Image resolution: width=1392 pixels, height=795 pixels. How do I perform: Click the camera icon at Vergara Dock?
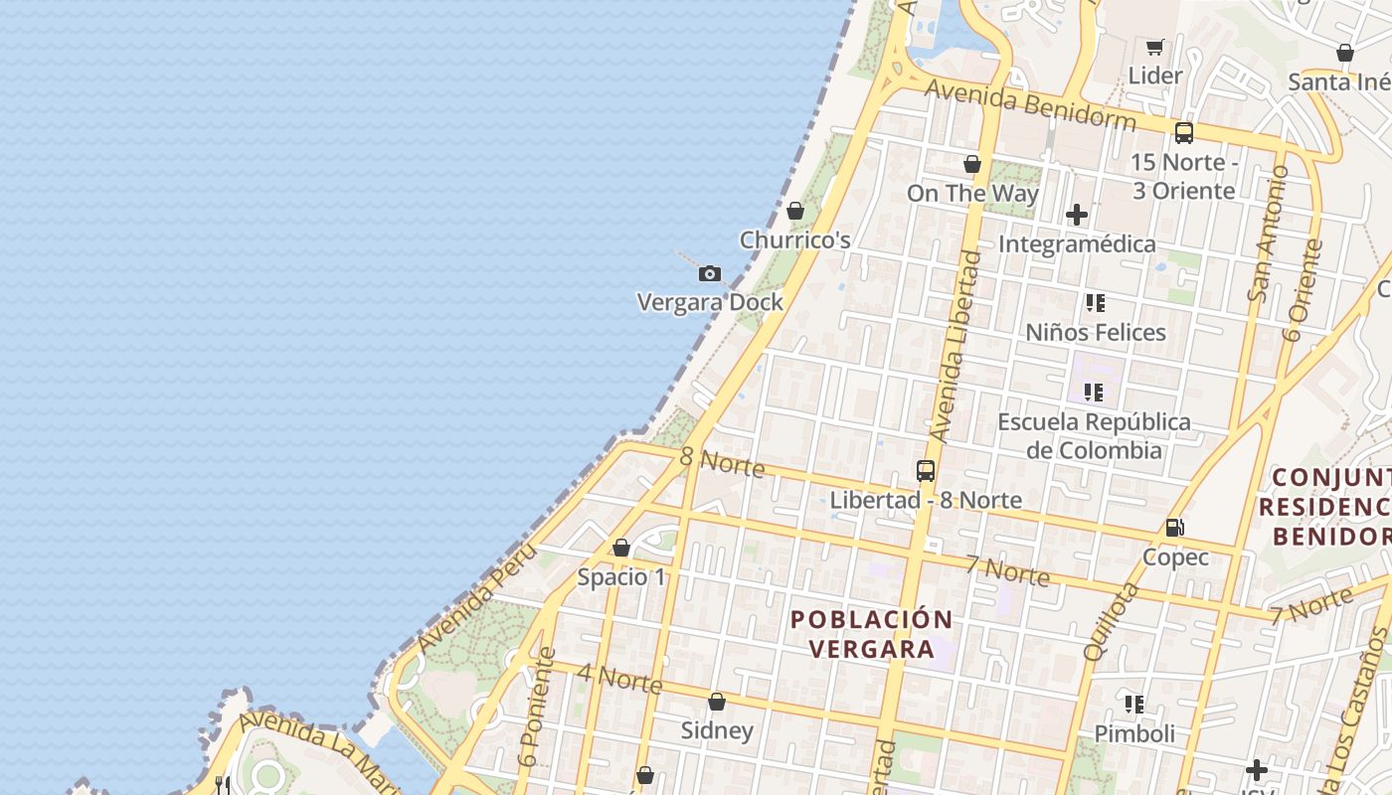click(709, 273)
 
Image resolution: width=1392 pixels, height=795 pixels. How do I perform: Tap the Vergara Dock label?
click(710, 302)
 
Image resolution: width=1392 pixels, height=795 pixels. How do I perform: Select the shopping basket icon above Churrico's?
click(794, 211)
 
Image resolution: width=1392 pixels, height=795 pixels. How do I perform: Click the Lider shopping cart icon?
click(1154, 47)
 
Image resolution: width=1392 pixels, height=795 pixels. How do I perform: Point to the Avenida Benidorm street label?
click(1030, 104)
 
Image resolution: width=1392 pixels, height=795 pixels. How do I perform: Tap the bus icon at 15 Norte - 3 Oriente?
click(1183, 133)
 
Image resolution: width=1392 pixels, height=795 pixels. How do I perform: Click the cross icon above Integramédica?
click(1076, 215)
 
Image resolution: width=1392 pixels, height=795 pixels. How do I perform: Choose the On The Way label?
click(972, 194)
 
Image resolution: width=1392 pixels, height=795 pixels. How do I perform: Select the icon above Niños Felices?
click(1095, 303)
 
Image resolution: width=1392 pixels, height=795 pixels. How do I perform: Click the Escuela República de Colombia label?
click(1094, 436)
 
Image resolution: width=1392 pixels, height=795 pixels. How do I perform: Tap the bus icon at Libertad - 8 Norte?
click(926, 471)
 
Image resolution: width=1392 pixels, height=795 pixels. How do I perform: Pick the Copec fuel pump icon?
click(1174, 528)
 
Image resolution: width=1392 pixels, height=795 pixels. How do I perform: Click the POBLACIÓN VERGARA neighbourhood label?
click(871, 634)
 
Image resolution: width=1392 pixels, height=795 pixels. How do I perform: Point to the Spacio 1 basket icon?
click(621, 548)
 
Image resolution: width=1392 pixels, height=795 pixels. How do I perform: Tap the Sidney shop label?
click(717, 731)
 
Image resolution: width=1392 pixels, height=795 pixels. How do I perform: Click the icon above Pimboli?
click(1133, 705)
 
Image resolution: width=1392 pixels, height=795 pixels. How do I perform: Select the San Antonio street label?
click(1268, 235)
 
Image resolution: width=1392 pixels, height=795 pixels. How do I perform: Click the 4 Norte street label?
click(619, 679)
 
